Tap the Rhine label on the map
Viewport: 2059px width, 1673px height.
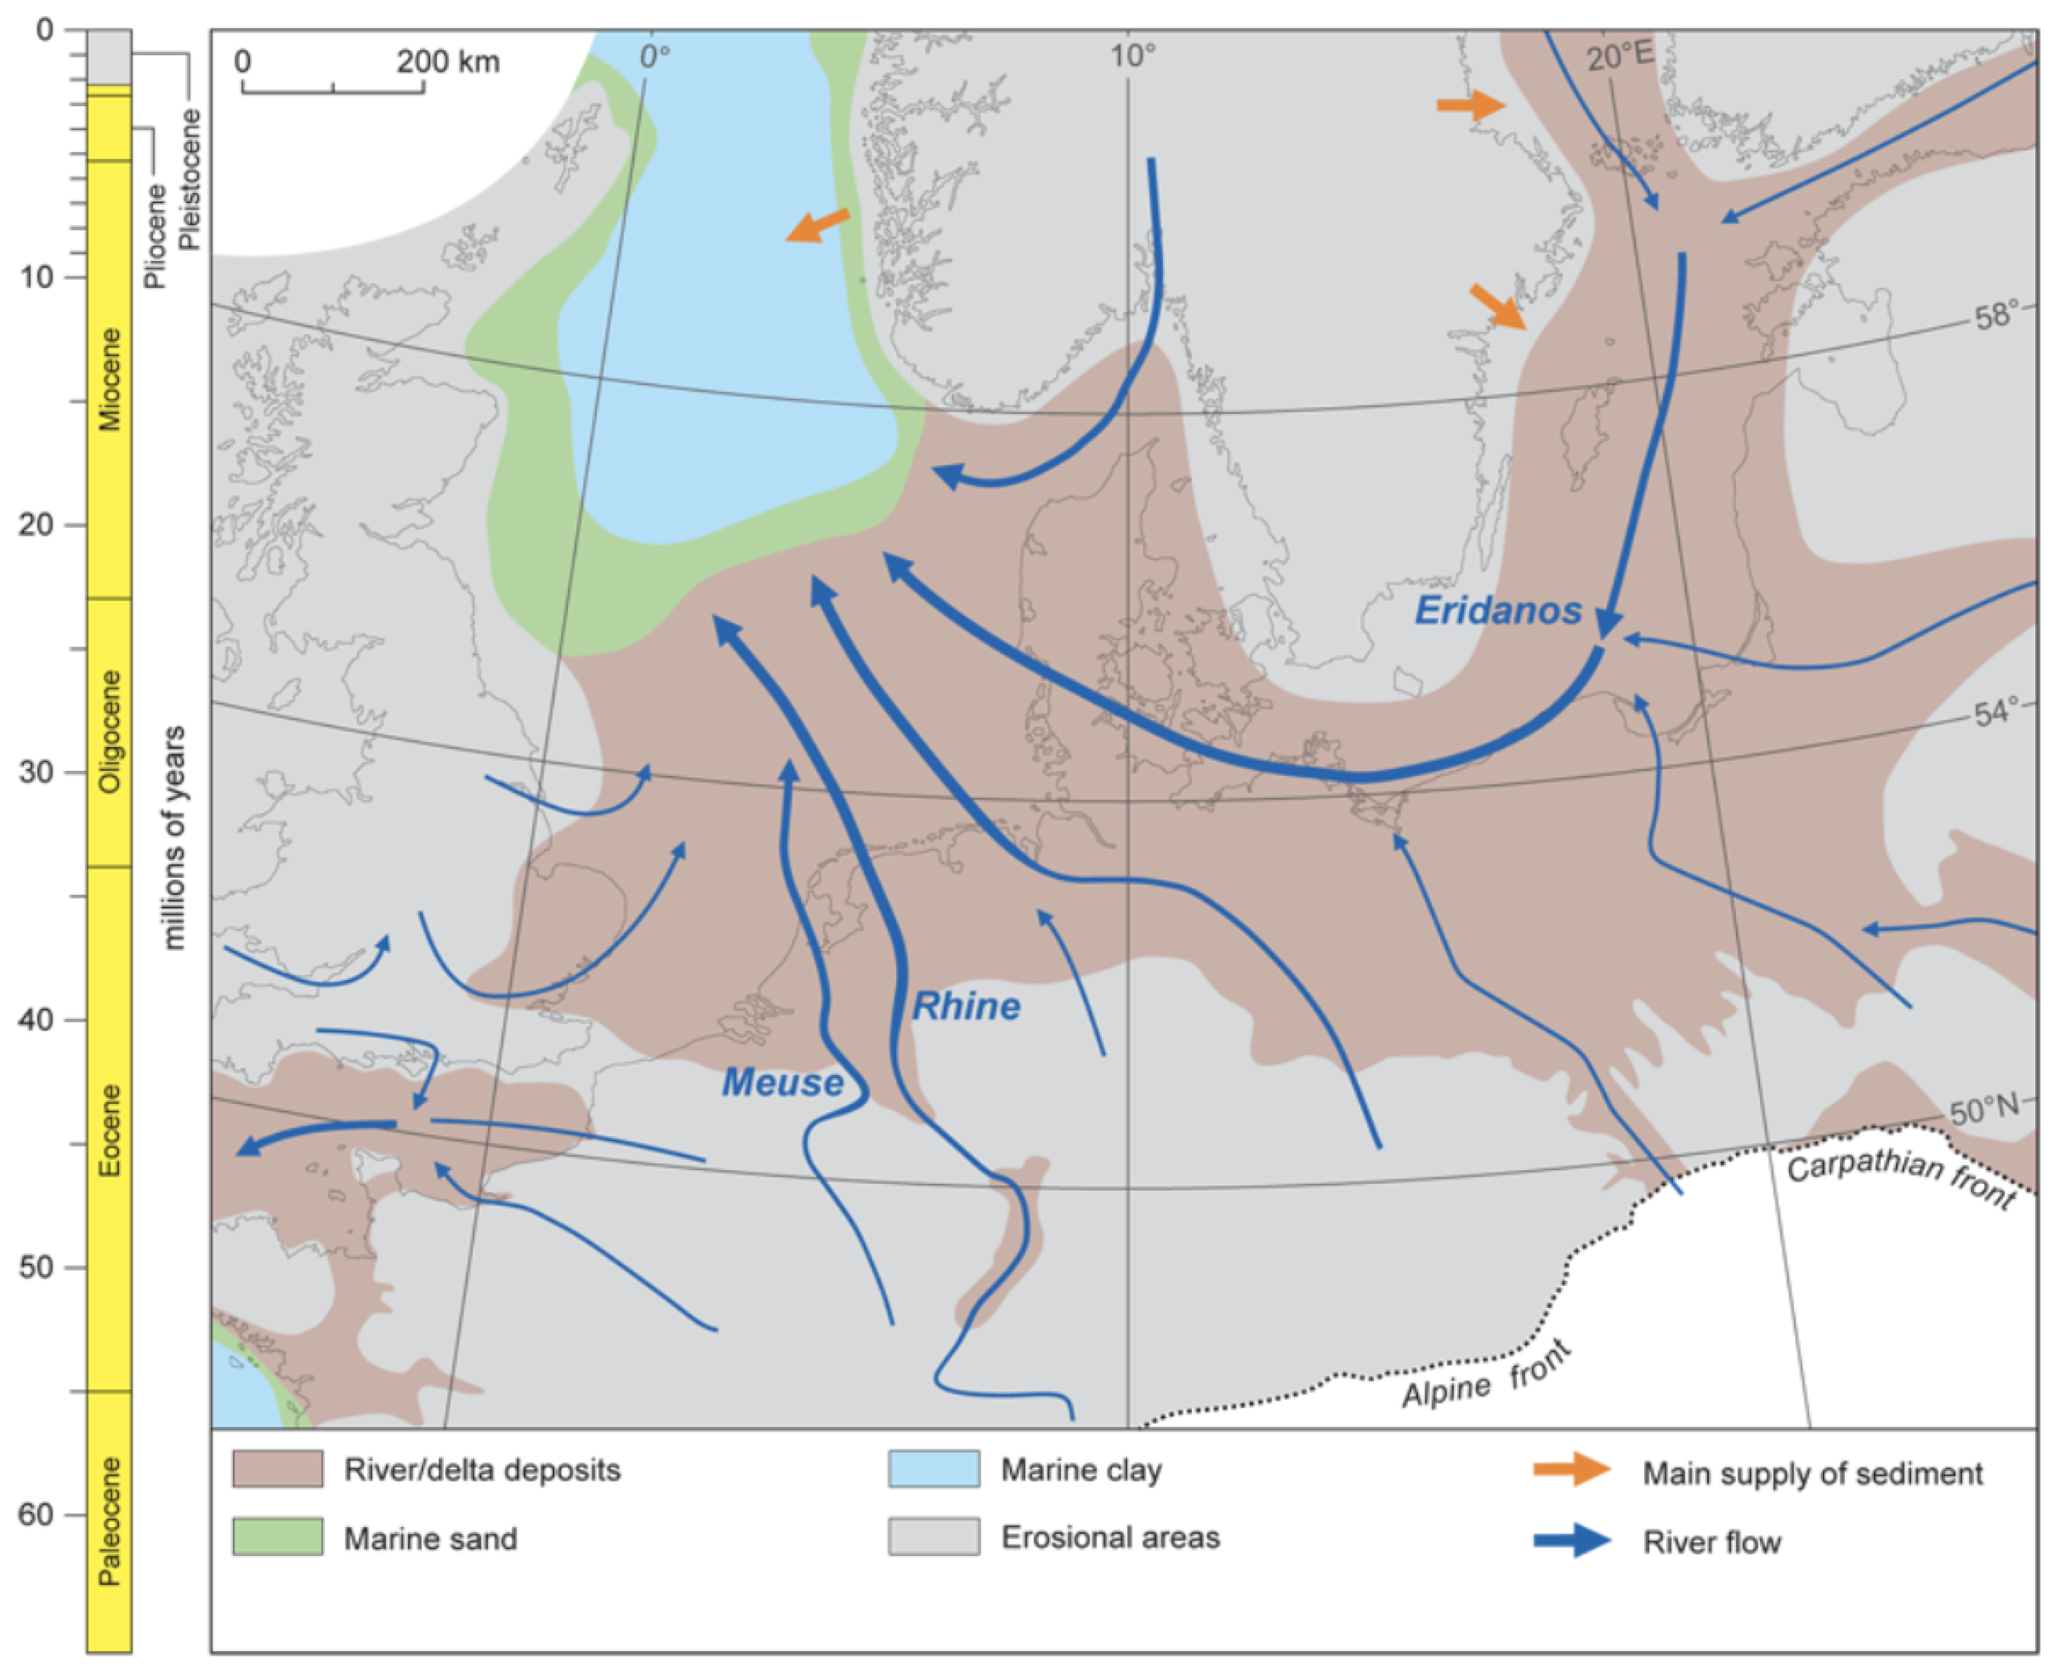(966, 1006)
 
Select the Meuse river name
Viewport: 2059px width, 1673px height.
(783, 1082)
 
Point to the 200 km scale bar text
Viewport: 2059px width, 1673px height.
(448, 62)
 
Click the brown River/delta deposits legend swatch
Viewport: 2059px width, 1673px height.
(278, 1470)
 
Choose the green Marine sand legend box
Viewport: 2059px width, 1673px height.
(278, 1537)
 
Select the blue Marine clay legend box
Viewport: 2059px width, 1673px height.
(933, 1470)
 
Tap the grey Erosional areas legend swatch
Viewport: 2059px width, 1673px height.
(933, 1537)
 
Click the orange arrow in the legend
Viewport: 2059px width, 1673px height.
(1572, 1470)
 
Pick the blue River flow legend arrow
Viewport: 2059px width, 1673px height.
(1572, 1540)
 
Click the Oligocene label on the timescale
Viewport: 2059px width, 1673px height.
(110, 732)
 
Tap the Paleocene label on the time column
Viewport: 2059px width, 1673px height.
(110, 1521)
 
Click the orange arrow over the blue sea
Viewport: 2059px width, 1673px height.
(816, 226)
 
